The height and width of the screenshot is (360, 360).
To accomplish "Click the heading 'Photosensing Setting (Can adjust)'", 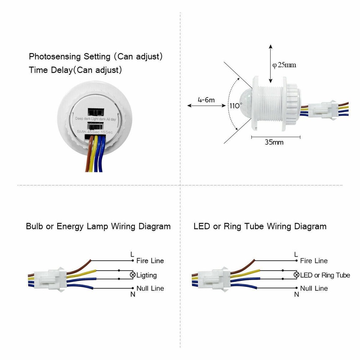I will pyautogui.click(x=96, y=57).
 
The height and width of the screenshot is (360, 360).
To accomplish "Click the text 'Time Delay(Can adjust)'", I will pyautogui.click(x=75, y=70).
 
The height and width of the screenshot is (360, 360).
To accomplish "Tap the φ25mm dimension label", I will pyautogui.click(x=284, y=65).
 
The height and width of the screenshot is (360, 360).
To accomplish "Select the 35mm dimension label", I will pyautogui.click(x=274, y=142).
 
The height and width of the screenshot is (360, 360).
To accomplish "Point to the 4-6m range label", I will pyautogui.click(x=206, y=100).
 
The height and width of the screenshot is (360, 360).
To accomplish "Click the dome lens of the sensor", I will pyautogui.click(x=245, y=102).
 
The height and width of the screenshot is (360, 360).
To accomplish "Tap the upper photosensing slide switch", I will pyautogui.click(x=95, y=112).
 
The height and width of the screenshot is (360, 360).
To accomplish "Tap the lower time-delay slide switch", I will pyautogui.click(x=95, y=126).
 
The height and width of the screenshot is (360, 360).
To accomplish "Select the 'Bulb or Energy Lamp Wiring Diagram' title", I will pyautogui.click(x=98, y=226).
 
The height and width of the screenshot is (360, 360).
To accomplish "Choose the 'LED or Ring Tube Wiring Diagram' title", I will pyautogui.click(x=260, y=226).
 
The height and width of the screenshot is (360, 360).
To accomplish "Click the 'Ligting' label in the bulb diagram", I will pyautogui.click(x=147, y=275).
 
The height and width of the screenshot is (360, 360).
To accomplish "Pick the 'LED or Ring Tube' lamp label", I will pyautogui.click(x=325, y=275).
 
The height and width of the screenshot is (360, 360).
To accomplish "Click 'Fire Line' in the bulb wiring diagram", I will pyautogui.click(x=150, y=261).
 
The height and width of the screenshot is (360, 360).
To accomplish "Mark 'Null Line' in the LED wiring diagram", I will pyautogui.click(x=314, y=288).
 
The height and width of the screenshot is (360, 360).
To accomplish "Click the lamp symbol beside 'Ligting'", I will pyautogui.click(x=132, y=275).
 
